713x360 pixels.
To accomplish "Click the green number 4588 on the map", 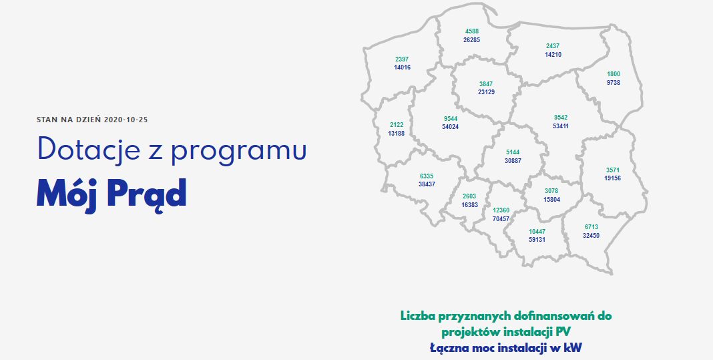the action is pyautogui.click(x=472, y=31).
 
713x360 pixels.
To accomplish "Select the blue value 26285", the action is pyautogui.click(x=471, y=39).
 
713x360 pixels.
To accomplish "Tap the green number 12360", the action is pyautogui.click(x=501, y=210).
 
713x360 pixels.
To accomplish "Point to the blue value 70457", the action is pyautogui.click(x=501, y=218).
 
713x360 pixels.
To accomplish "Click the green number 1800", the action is pyautogui.click(x=614, y=74).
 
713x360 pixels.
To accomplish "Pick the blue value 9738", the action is pyautogui.click(x=614, y=83).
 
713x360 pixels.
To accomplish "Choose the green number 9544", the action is pyautogui.click(x=450, y=119).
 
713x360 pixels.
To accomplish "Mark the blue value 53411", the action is pyautogui.click(x=560, y=126).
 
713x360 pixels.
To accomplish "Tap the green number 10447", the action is pyautogui.click(x=537, y=232).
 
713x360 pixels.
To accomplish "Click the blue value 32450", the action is pyautogui.click(x=591, y=235).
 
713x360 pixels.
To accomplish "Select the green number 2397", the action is pyautogui.click(x=402, y=59).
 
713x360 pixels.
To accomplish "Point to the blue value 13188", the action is pyautogui.click(x=396, y=134).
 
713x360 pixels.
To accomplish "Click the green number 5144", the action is pyautogui.click(x=513, y=152).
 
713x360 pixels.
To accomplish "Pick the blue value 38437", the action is pyautogui.click(x=427, y=184).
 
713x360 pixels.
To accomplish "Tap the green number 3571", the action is pyautogui.click(x=612, y=170).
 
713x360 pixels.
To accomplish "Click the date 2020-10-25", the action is pyautogui.click(x=126, y=120).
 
